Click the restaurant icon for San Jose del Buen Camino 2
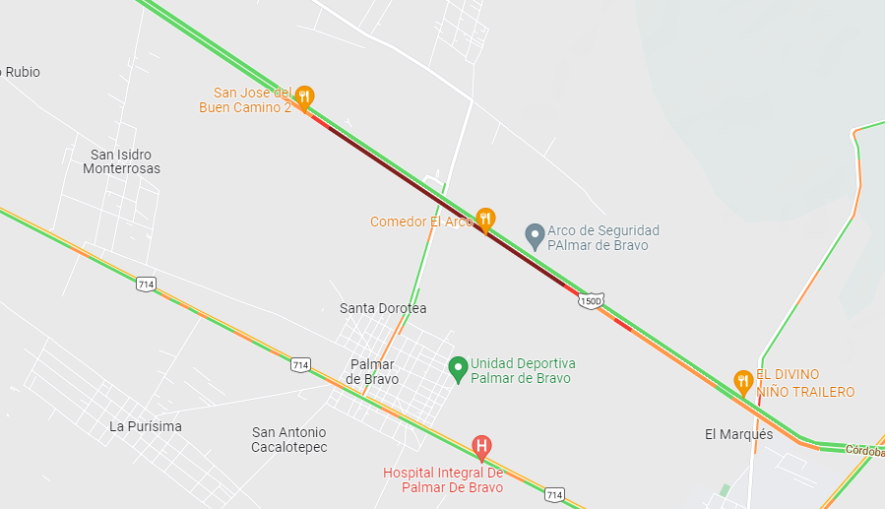[x=304, y=96]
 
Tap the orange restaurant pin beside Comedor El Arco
[x=484, y=219]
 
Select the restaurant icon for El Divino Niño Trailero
[x=743, y=380]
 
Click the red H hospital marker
[x=481, y=447]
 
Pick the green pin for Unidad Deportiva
[x=457, y=369]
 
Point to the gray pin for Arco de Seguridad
[x=535, y=235]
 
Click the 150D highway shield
[x=590, y=301]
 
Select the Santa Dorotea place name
[x=383, y=308]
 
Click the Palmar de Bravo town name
[x=374, y=371]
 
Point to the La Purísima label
[x=146, y=426]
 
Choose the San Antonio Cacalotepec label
[x=288, y=439]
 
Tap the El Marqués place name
[x=738, y=434]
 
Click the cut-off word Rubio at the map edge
[x=22, y=72]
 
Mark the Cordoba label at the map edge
[x=864, y=451]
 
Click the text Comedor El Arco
[x=421, y=222]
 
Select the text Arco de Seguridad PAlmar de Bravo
[x=602, y=237]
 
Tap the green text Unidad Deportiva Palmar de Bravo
[x=523, y=370]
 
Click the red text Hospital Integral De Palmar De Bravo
[x=443, y=479]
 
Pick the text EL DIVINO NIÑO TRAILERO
[x=805, y=383]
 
